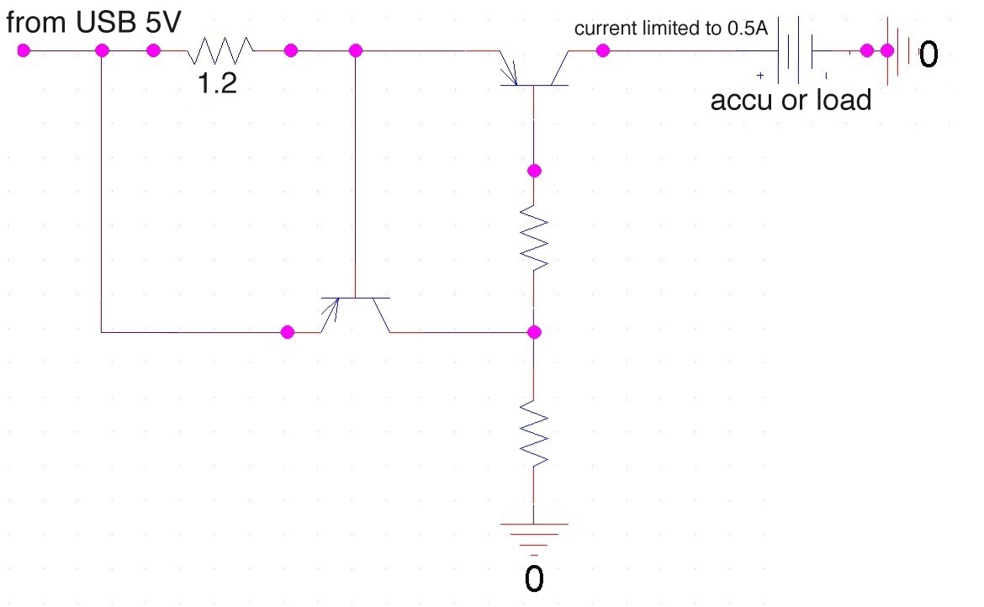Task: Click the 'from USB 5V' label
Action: tap(93, 23)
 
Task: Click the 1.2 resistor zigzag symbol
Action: tap(220, 50)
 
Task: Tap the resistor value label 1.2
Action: tap(217, 83)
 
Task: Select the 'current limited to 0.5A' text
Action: tap(671, 29)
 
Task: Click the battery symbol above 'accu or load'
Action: tap(795, 50)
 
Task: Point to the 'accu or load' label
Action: tap(791, 100)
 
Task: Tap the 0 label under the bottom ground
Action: tap(534, 578)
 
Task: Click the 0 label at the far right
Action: tap(928, 54)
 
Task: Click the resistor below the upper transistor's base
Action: tap(534, 238)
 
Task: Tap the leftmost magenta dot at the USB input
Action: tap(24, 50)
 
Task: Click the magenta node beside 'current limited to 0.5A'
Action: tap(602, 50)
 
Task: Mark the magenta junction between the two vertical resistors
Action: tap(534, 332)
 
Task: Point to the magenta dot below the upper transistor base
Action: tap(534, 171)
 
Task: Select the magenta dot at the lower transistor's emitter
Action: tap(288, 332)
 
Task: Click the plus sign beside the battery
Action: tap(760, 76)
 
